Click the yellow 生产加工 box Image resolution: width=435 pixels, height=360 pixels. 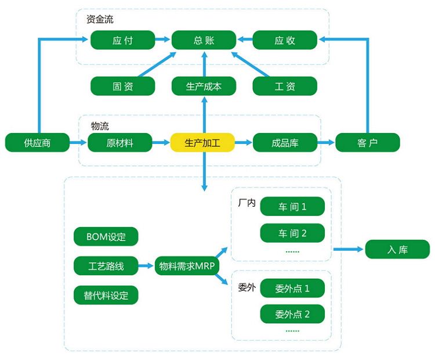(202, 142)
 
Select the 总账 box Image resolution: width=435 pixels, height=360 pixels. (204, 40)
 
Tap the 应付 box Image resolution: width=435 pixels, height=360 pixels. (122, 40)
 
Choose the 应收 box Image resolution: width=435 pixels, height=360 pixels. (285, 40)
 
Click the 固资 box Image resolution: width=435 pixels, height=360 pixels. (122, 86)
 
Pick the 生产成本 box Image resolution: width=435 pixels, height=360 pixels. (204, 86)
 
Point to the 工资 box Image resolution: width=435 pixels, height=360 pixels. (285, 86)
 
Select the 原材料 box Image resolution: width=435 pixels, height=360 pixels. (119, 142)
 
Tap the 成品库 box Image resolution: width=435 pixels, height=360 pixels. (285, 142)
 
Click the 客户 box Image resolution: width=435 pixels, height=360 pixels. (368, 142)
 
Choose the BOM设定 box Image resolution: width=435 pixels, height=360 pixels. (106, 236)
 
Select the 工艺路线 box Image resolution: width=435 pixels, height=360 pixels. (106, 266)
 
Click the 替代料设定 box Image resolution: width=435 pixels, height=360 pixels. (106, 295)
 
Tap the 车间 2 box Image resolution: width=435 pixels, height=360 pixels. (292, 233)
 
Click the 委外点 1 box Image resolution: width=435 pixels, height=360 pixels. (292, 288)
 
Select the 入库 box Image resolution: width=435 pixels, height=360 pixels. (397, 250)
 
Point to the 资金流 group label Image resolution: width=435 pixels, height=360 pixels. (100, 19)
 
